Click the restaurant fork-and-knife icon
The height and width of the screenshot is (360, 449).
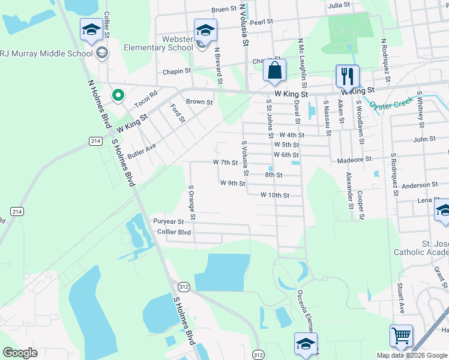click(348, 76)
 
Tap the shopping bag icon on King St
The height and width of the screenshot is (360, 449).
click(274, 70)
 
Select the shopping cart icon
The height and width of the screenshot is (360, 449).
click(401, 335)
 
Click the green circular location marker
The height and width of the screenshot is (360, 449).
click(118, 95)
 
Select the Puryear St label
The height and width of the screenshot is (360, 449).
click(168, 221)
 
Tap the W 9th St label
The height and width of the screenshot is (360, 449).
click(233, 183)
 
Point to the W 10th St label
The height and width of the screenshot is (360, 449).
click(275, 195)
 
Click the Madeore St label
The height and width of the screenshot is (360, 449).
click(355, 160)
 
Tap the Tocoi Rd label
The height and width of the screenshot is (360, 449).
click(145, 99)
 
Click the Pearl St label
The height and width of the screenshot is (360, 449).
click(262, 22)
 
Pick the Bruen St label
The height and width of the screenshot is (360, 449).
click(225, 10)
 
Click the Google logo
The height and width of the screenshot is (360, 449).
click(20, 353)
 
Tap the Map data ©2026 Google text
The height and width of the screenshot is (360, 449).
click(412, 355)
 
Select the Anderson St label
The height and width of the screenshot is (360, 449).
click(420, 185)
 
